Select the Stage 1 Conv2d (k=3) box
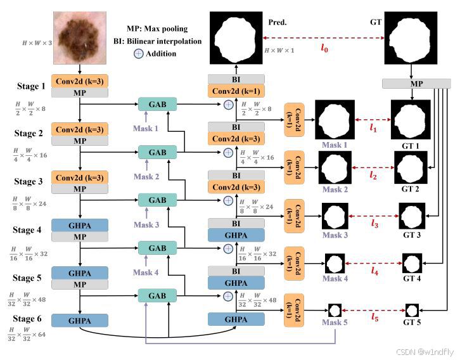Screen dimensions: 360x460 (80, 81)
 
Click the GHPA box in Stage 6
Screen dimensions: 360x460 (80, 321)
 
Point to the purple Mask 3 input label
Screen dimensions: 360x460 (146, 226)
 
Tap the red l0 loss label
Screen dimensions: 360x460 (324, 47)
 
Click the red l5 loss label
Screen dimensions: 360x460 (375, 316)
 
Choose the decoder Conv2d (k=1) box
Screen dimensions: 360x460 (236, 91)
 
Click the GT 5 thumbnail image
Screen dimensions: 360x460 (412, 311)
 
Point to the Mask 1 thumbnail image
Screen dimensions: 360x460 (335, 121)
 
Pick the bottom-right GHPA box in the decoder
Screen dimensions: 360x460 (236, 320)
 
